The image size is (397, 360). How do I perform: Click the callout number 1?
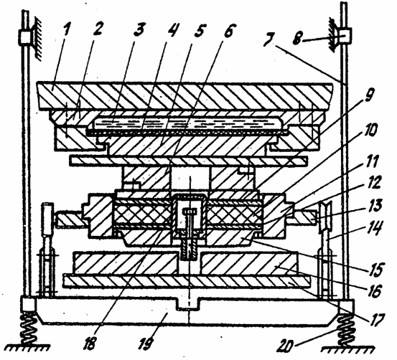(x=66, y=30)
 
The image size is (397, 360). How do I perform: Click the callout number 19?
(x=146, y=341)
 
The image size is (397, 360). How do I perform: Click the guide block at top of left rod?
(x=25, y=37)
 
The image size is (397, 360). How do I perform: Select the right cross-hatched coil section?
(x=235, y=212)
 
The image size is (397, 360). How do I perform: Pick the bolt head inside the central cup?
(x=190, y=211)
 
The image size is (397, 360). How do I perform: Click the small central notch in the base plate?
(x=188, y=304)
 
